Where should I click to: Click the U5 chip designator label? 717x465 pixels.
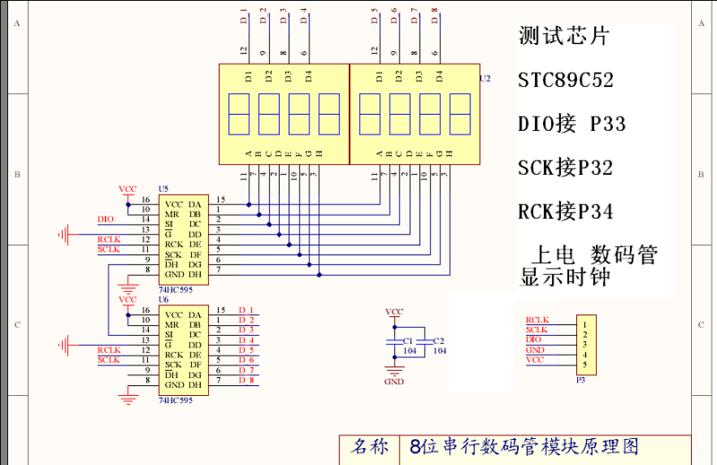[x=163, y=189]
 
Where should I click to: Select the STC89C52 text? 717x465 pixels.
[x=566, y=81]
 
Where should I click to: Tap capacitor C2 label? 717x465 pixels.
[x=437, y=341]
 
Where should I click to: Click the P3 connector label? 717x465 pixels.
[x=580, y=380]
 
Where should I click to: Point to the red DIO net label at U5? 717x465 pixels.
[x=106, y=219]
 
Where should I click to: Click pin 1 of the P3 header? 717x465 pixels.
[x=584, y=323]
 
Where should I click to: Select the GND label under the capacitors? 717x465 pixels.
[x=393, y=382]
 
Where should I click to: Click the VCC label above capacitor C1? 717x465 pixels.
[x=393, y=312]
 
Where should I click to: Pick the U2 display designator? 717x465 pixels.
[x=485, y=79]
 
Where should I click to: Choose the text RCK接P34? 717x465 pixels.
[x=566, y=212]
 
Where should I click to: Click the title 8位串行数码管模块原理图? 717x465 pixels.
[x=523, y=446]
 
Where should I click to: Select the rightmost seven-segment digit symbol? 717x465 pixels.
[x=459, y=113]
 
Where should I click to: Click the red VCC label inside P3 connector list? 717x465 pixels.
[x=535, y=360]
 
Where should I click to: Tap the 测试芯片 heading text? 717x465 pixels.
[x=564, y=37]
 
